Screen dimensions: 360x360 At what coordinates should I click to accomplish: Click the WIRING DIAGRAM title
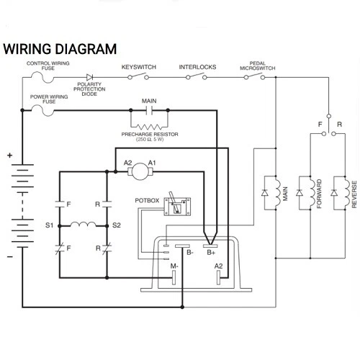click(60, 49)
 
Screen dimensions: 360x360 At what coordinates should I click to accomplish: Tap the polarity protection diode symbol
click(89, 77)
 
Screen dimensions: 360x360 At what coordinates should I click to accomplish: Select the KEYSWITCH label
click(139, 67)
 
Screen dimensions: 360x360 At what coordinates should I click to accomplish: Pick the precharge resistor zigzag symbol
click(149, 127)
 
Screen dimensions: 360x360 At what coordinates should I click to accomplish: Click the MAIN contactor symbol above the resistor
click(149, 110)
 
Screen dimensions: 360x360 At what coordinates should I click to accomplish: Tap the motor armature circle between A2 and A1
click(140, 171)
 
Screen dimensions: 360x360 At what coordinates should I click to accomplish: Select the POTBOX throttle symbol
click(177, 205)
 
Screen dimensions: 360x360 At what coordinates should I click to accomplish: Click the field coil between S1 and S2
click(84, 225)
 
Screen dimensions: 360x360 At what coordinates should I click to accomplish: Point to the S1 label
click(50, 225)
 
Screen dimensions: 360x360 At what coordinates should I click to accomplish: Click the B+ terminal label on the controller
click(211, 253)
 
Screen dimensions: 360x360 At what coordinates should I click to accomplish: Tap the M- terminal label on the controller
click(174, 266)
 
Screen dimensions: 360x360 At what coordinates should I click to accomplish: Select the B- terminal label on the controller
click(190, 253)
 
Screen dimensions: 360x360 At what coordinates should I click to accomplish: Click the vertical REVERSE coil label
click(354, 194)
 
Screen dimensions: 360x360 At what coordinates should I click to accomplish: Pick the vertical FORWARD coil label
click(319, 194)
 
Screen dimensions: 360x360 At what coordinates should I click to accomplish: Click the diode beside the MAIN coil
click(265, 192)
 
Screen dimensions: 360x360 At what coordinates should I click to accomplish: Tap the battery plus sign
click(9, 156)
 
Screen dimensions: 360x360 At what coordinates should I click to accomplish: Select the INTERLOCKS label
click(197, 67)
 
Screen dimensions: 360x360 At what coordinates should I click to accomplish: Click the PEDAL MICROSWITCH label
click(258, 66)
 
